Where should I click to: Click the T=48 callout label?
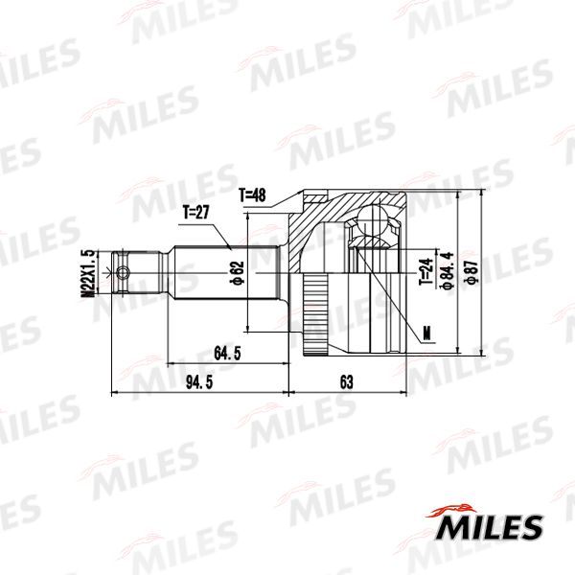(x=252, y=195)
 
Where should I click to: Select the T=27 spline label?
(x=196, y=213)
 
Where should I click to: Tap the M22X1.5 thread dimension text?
(x=87, y=273)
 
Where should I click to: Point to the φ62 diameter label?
(x=236, y=273)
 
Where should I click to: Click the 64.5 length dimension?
(x=227, y=353)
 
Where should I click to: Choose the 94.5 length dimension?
(x=199, y=382)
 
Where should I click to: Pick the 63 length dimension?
(x=347, y=382)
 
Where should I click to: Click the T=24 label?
(x=425, y=272)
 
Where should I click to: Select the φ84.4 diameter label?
(x=448, y=271)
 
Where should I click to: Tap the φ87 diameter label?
(x=471, y=272)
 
